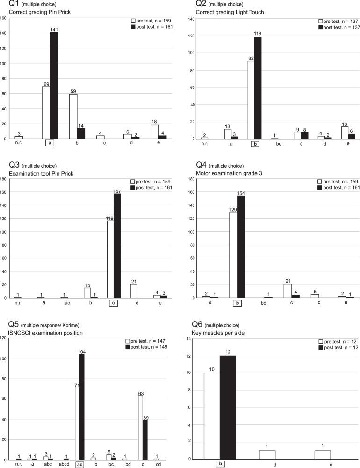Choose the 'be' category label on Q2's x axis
(x=275, y=144)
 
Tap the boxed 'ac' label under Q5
(x=79, y=464)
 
